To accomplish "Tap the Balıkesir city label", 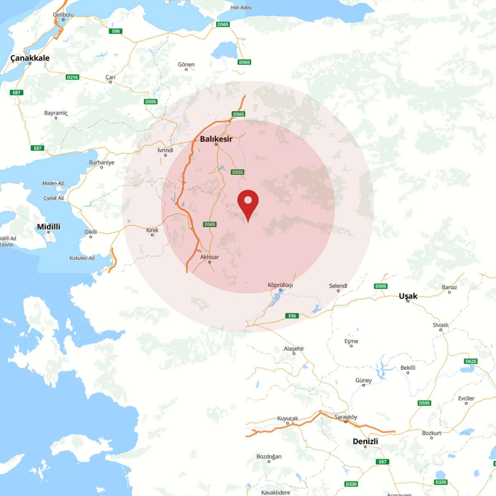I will tap(216, 139).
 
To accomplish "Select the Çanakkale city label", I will tap(30, 58).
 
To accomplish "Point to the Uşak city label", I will tap(408, 296).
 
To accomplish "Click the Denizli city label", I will tap(365, 441).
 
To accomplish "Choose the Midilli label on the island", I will tap(48, 227).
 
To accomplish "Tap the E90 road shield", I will tap(116, 31).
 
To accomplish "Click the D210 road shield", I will tap(72, 77).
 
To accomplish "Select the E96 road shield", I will tap(292, 316).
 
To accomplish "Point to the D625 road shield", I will tap(471, 361).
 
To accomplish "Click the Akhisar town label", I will tap(210, 257).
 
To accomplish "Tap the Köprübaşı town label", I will tap(280, 285).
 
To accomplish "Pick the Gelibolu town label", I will tap(63, 15).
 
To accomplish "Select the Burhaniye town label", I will tap(101, 162).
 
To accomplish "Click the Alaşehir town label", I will tap(294, 349).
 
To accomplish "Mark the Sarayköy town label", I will tap(346, 417).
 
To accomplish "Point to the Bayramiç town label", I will tap(56, 113).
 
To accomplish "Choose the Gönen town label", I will tap(186, 64).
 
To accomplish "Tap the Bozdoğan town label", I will tap(269, 457).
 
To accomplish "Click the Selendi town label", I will tap(338, 286).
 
